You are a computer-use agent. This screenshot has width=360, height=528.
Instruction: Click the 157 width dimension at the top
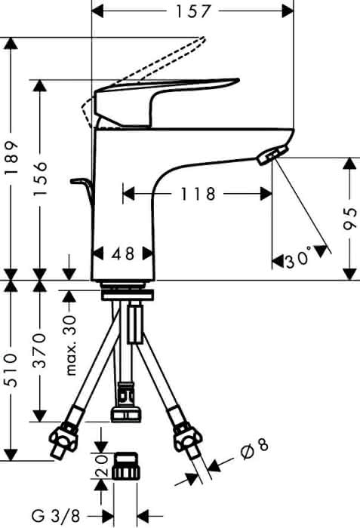(x=192, y=11)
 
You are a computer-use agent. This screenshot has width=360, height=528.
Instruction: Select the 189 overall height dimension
(x=11, y=158)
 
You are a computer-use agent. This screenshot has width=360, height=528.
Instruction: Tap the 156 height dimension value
(x=40, y=179)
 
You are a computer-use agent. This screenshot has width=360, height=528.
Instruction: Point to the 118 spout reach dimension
(x=198, y=194)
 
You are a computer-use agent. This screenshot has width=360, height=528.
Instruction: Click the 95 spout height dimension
(x=350, y=219)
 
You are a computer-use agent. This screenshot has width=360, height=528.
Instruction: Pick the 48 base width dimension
(x=123, y=253)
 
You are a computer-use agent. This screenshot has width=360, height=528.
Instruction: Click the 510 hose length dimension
(x=11, y=370)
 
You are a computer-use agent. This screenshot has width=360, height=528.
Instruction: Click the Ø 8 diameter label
(x=255, y=447)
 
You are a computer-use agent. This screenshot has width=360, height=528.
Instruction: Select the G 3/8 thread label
(x=56, y=515)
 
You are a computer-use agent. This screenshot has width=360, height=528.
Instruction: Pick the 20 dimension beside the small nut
(x=102, y=466)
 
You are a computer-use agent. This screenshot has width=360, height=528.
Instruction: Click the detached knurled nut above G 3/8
(x=125, y=466)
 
